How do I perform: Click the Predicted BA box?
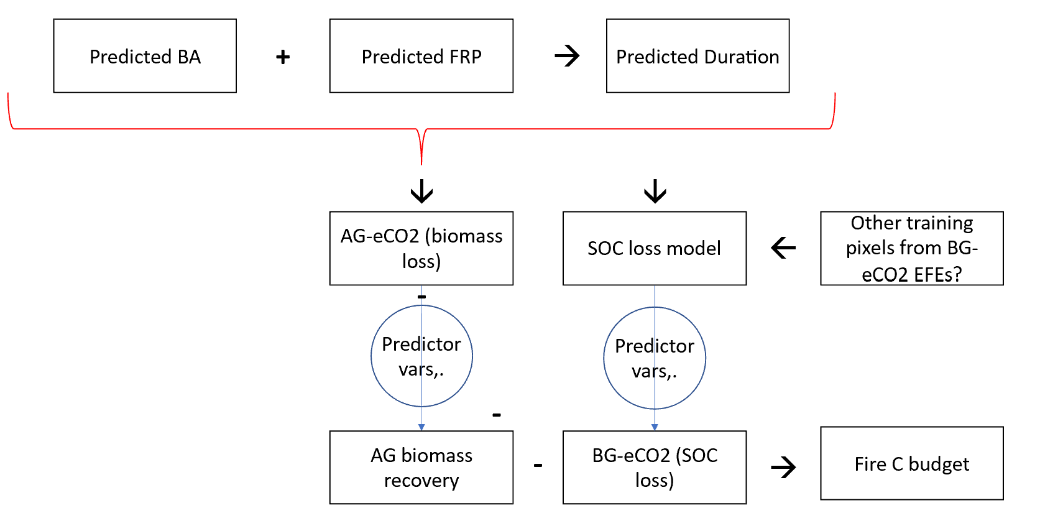[x=145, y=56]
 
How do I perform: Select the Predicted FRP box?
[x=421, y=56]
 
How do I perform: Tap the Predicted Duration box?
[x=697, y=56]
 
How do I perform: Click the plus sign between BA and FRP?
[x=283, y=57]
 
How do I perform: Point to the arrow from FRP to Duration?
[x=567, y=57]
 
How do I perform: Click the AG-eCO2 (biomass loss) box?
[x=421, y=248]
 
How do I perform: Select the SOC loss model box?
[x=654, y=248]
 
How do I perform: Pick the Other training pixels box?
[x=911, y=248]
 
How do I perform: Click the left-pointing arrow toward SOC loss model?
[x=783, y=248]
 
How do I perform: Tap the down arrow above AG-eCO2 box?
[x=421, y=192]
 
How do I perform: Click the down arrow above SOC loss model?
[x=655, y=192]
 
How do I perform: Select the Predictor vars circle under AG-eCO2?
[x=421, y=356]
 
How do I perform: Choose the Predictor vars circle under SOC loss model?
[x=655, y=358]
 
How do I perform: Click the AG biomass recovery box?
[x=421, y=467]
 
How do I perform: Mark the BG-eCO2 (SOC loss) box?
[x=654, y=467]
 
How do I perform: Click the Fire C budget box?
[x=911, y=463]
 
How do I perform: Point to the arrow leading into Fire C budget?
[x=783, y=467]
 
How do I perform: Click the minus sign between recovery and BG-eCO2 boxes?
[x=538, y=465]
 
